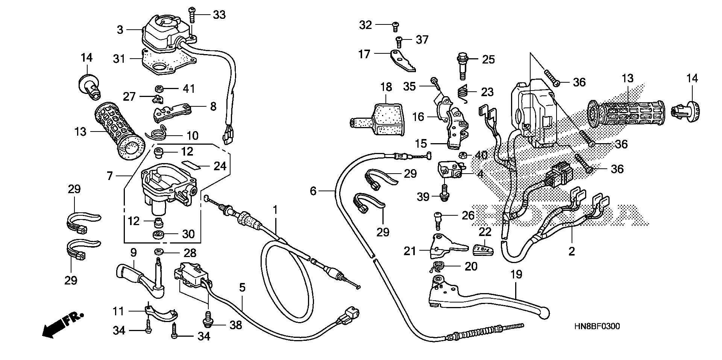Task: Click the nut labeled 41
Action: pyautogui.click(x=159, y=89)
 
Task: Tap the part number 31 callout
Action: pyautogui.click(x=120, y=59)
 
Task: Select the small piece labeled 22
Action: pyautogui.click(x=482, y=248)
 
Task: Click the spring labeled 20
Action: pyautogui.click(x=437, y=267)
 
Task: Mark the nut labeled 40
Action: pyautogui.click(x=463, y=155)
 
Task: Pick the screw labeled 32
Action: pyautogui.click(x=395, y=26)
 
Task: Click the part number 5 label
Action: pyautogui.click(x=242, y=288)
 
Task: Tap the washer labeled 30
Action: pyautogui.click(x=158, y=235)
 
